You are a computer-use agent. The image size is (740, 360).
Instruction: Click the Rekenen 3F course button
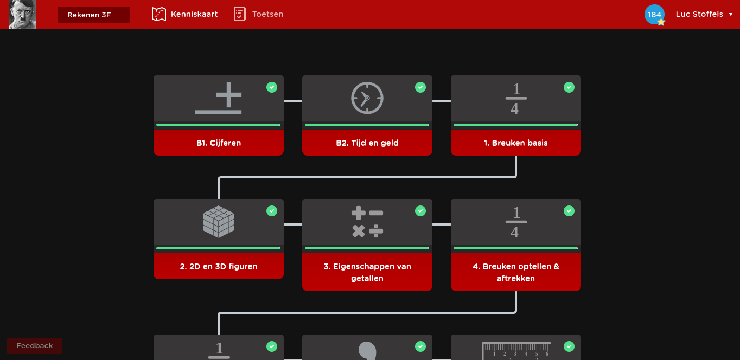pyautogui.click(x=93, y=15)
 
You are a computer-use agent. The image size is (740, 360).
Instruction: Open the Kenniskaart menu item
pyautogui.click(x=194, y=14)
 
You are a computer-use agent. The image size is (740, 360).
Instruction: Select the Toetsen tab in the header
pyautogui.click(x=267, y=14)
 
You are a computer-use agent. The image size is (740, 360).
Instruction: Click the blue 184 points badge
pyautogui.click(x=654, y=15)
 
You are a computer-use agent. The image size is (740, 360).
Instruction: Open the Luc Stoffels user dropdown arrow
pyautogui.click(x=731, y=15)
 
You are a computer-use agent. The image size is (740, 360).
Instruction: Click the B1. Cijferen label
pyautogui.click(x=219, y=143)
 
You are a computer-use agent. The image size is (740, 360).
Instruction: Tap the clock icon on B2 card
pyautogui.click(x=367, y=98)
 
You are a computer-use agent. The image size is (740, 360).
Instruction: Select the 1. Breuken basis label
pyautogui.click(x=516, y=143)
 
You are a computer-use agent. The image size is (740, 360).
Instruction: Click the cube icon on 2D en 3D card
pyautogui.click(x=219, y=222)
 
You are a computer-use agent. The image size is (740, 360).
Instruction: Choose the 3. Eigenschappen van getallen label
pyautogui.click(x=367, y=273)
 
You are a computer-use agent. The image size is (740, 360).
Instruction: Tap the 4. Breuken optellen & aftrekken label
pyautogui.click(x=516, y=273)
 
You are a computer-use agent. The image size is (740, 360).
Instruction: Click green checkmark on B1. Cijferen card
pyautogui.click(x=272, y=87)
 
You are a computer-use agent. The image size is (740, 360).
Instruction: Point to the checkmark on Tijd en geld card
pyautogui.click(x=420, y=87)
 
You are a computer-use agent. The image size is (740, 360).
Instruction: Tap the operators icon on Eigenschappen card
pyautogui.click(x=367, y=222)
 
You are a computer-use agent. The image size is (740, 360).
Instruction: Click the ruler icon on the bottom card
pyautogui.click(x=516, y=351)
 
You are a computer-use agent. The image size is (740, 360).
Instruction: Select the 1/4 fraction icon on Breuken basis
pyautogui.click(x=516, y=99)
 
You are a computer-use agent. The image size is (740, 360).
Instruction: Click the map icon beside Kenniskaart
pyautogui.click(x=158, y=14)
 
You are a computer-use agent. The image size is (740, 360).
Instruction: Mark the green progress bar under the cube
pyautogui.click(x=219, y=248)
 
